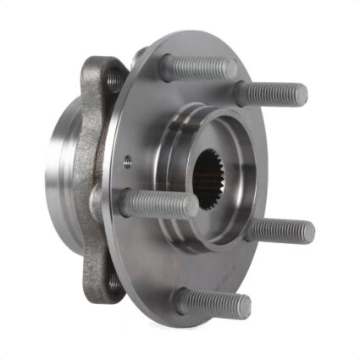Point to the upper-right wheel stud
tap(272, 94)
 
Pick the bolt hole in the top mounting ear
tap(114, 80)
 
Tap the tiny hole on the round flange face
tap(127, 156)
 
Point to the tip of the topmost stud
tap(230, 68)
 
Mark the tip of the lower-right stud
tap(308, 230)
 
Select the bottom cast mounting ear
tap(106, 280)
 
